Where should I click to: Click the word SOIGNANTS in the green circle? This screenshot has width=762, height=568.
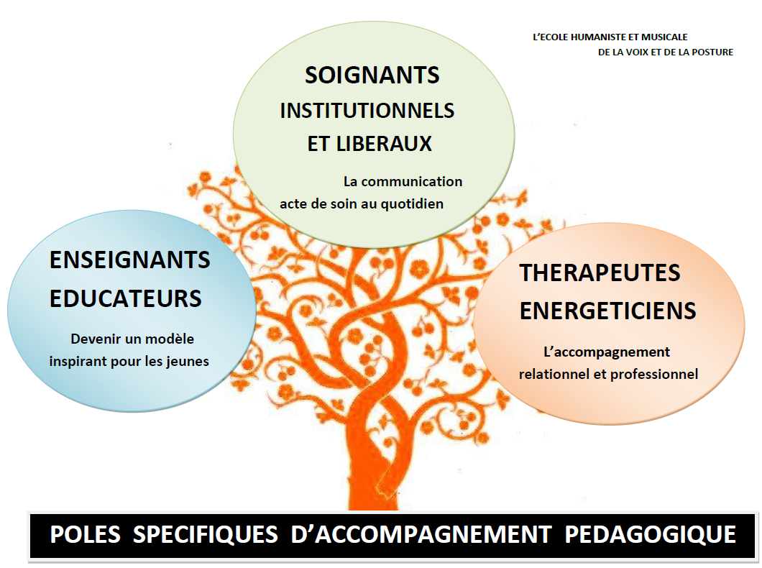[x=372, y=75]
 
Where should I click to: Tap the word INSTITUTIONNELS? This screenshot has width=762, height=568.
[x=367, y=111]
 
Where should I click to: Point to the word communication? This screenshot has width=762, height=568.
[x=412, y=182]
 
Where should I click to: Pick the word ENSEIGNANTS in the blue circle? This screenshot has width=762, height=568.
[x=129, y=260]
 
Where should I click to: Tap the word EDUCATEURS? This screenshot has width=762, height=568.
[x=125, y=298]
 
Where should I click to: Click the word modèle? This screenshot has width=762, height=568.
[x=170, y=339]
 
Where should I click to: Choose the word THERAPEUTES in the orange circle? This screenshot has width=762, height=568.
[x=600, y=273]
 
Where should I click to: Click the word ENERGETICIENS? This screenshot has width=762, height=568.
[x=608, y=311]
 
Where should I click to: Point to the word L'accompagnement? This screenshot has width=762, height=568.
[x=607, y=353]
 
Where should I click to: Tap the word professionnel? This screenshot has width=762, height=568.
[x=654, y=375]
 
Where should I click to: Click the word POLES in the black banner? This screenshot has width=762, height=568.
[x=85, y=534]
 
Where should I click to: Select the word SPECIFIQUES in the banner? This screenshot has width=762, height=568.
[x=206, y=535]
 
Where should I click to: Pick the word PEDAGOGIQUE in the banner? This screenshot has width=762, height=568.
[x=651, y=534]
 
